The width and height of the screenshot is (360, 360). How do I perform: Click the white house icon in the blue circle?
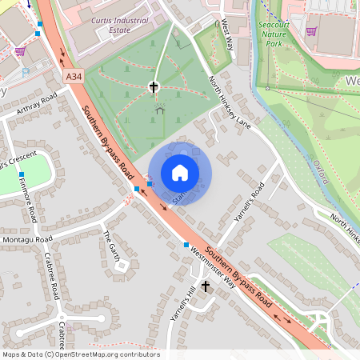pyautogui.click(x=180, y=173)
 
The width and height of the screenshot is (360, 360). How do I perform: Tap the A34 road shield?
pyautogui.click(x=74, y=77)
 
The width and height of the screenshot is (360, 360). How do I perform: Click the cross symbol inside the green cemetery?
pyautogui.click(x=154, y=86)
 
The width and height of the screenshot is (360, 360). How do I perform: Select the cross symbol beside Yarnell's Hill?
pyautogui.click(x=206, y=286)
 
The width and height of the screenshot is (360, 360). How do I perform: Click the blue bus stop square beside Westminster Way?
pyautogui.click(x=186, y=245)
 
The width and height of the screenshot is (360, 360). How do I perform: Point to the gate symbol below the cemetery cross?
pyautogui.click(x=159, y=110)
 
